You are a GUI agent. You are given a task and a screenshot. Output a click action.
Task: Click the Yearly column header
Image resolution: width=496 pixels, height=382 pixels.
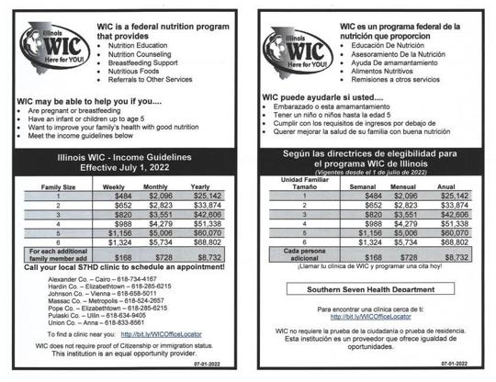pos(200,186)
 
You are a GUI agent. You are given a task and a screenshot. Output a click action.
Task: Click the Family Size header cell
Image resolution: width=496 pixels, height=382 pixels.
pos(58,186)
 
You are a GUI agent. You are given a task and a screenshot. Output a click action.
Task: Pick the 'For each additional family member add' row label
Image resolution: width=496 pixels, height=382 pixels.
pos(58,254)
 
